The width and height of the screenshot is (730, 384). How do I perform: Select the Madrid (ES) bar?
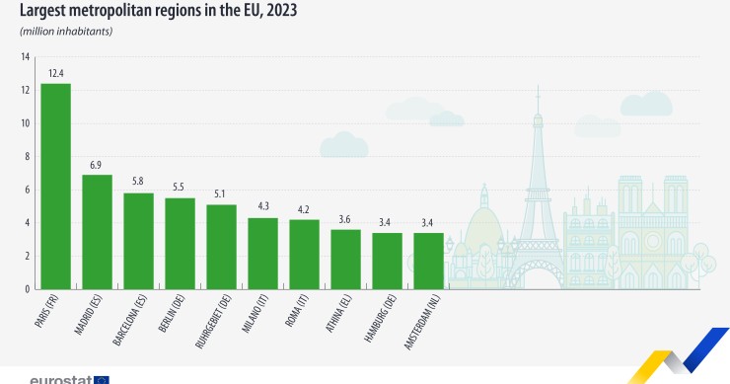97,231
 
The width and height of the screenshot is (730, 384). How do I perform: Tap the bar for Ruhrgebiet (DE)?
221,246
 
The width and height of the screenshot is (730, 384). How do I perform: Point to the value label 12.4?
55,73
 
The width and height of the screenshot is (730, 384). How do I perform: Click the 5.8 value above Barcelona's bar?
138,183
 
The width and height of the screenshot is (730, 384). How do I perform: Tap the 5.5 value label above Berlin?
180,188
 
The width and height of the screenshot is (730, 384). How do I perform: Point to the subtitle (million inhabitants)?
66,32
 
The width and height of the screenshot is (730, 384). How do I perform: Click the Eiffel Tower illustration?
538,197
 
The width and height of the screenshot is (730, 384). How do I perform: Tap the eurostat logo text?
61,379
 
